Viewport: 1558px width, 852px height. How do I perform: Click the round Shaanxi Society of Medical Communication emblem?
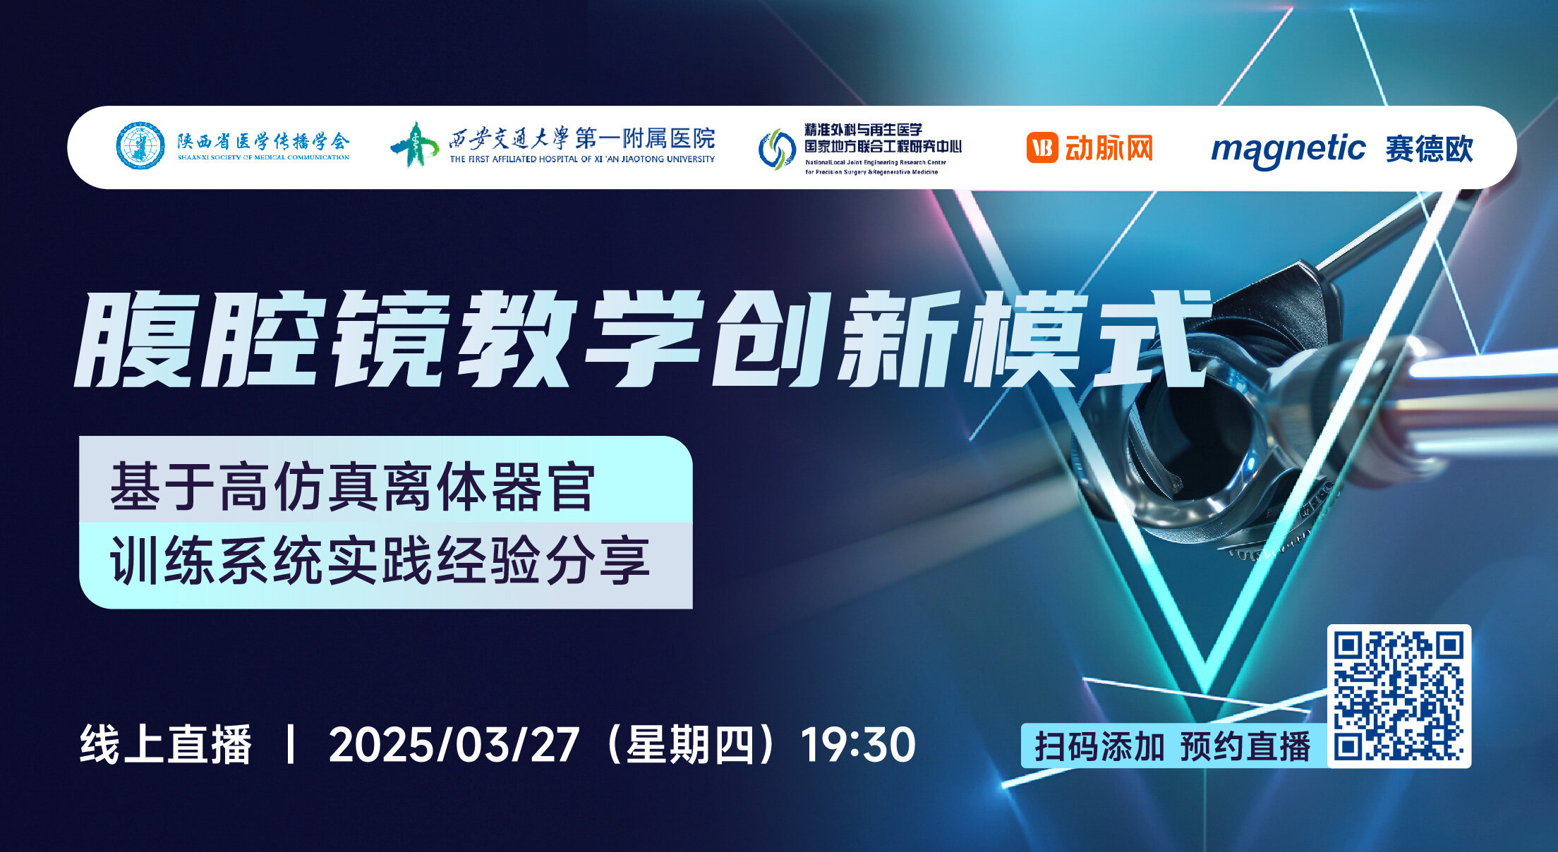[x=140, y=146]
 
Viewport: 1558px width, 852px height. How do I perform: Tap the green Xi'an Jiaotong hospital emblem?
[x=415, y=144]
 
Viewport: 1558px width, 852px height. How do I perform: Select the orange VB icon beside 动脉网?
[x=1041, y=148]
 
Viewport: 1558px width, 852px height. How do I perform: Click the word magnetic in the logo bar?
[x=1288, y=150]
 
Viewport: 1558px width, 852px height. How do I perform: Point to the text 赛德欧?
[x=1429, y=149]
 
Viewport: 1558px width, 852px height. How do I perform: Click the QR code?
[x=1399, y=695]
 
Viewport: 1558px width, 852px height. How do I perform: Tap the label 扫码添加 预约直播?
[x=1172, y=746]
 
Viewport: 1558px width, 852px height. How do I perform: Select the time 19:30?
[x=858, y=745]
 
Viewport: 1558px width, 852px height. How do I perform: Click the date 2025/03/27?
[x=454, y=745]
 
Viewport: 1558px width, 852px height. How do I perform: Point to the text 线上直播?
[x=166, y=745]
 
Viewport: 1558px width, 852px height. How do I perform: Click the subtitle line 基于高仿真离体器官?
[x=352, y=487]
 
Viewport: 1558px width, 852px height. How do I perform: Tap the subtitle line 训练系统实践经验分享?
[x=379, y=561]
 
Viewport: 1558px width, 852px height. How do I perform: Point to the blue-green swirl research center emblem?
[x=776, y=149]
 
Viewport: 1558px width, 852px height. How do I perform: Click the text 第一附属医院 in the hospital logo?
[x=644, y=138]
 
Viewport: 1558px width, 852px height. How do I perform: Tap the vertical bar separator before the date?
[x=289, y=745]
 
